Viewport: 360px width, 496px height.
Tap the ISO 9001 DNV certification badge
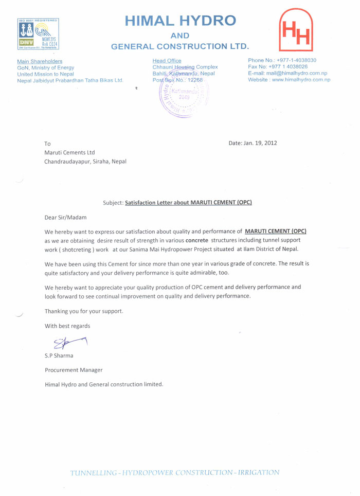click(x=39, y=34)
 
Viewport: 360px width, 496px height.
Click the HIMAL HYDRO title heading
click(x=181, y=21)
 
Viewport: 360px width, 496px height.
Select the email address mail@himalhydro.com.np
click(x=300, y=74)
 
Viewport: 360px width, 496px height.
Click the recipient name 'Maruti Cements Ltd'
click(x=70, y=152)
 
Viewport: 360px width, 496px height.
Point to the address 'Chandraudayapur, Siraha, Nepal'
click(x=85, y=161)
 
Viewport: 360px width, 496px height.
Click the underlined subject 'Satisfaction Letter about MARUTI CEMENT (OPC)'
click(x=188, y=203)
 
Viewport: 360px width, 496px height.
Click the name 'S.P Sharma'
click(x=60, y=355)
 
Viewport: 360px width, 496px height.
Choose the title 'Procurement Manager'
click(x=74, y=369)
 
